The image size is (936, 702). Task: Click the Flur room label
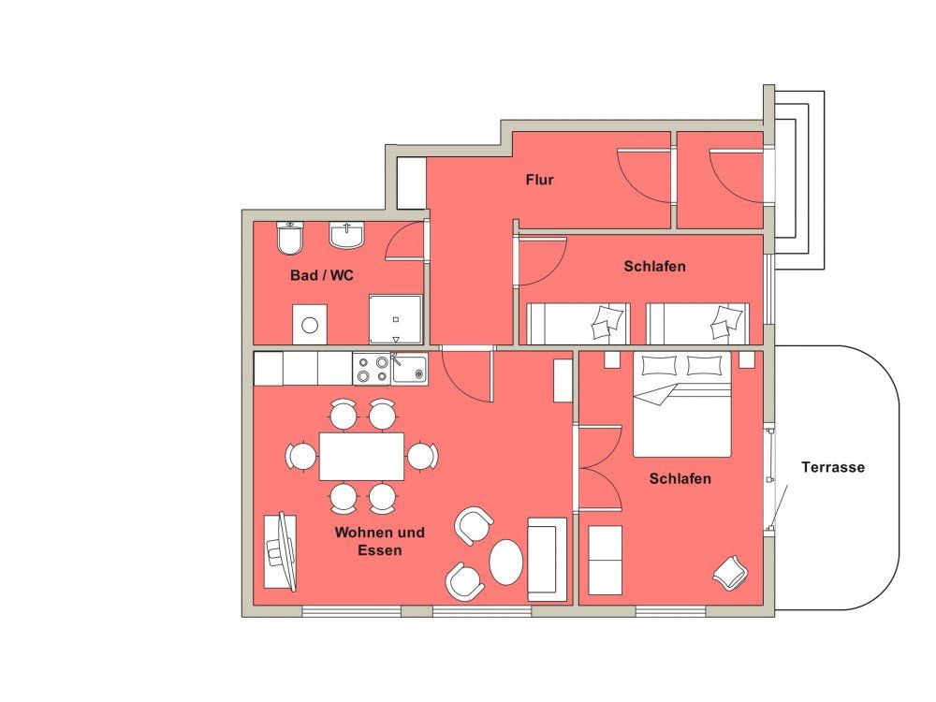pos(540,180)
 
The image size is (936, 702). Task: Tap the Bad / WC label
pos(322,275)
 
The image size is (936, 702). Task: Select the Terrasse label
pos(833,467)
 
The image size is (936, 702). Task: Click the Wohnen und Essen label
pos(380,541)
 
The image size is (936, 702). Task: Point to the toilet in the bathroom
pos(291,238)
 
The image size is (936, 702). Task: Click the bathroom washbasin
pos(346,236)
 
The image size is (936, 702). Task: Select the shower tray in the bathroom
pos(395,319)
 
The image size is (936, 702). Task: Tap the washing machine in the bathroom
pos(309,324)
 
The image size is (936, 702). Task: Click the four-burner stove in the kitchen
pos(372,369)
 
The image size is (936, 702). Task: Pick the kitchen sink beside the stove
pos(410,368)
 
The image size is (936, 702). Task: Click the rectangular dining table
pos(361,457)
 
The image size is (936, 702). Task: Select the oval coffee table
pos(506,563)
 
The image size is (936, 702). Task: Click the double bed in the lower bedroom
pos(681,404)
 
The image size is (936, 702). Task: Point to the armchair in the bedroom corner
pos(730,573)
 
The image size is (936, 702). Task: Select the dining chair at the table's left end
pos(301,457)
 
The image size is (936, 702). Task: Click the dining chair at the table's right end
pos(423,457)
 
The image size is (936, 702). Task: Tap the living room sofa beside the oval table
pos(547,560)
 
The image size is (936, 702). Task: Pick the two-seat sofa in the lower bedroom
pos(606,560)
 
